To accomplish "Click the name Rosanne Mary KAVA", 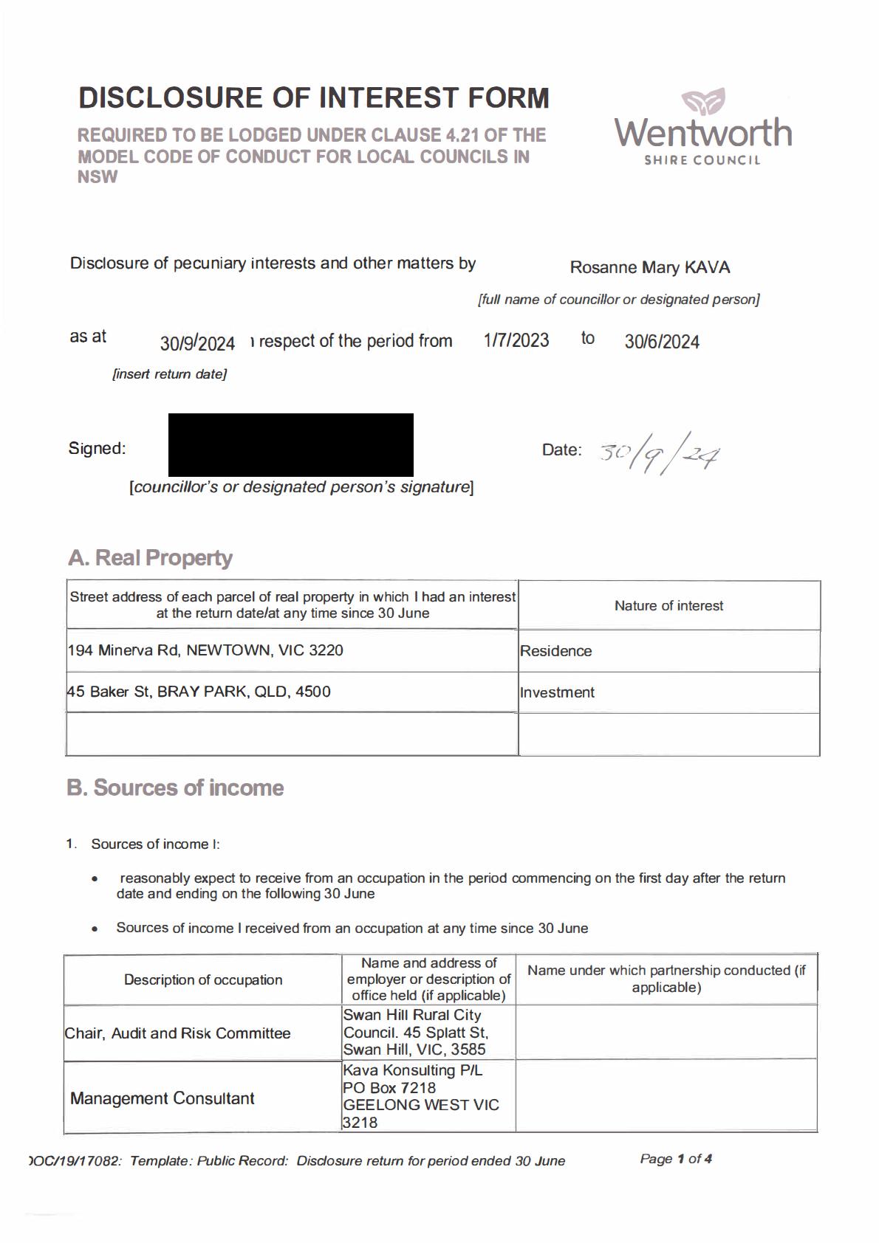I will coord(649,267).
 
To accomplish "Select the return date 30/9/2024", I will coord(197,343).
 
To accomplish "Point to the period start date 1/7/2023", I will coord(516,340).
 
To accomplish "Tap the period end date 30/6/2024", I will coord(662,342).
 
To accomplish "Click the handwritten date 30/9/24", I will coord(659,452).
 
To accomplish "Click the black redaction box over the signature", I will coord(290,444).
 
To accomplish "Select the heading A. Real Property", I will coord(150,558).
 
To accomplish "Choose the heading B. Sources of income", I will coord(175,788).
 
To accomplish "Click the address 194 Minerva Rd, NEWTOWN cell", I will coord(205,650).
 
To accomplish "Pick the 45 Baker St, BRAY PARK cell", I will coord(199,692).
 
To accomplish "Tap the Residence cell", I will coord(556,651).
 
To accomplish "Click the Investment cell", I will coord(558,692).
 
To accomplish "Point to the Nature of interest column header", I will coord(668,606).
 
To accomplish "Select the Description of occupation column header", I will coord(203,979).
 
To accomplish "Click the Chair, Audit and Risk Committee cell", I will coord(178,1033).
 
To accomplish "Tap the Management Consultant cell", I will coord(163,1098).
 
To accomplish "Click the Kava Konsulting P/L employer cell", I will coord(421,1096).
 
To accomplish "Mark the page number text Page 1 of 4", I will coord(676,1159).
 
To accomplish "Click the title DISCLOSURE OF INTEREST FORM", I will coord(314,98).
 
